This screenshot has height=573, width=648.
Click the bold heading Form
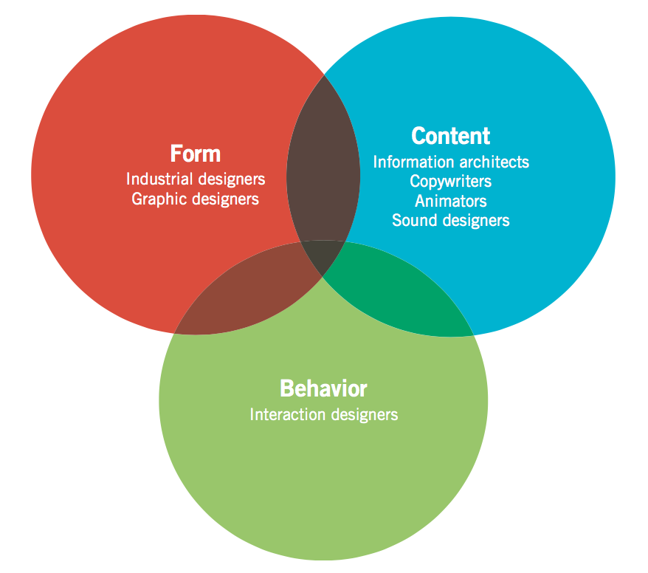click(x=195, y=154)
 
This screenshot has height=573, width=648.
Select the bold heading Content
click(x=450, y=136)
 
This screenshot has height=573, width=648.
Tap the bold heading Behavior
click(x=323, y=388)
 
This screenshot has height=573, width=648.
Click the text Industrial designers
click(x=196, y=179)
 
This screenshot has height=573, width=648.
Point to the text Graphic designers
click(x=196, y=199)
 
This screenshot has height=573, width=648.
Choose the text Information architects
click(x=451, y=161)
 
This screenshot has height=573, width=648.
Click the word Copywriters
click(x=451, y=181)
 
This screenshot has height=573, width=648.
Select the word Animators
click(x=451, y=200)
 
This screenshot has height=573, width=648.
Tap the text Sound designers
click(x=451, y=220)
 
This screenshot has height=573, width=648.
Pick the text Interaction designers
click(x=324, y=414)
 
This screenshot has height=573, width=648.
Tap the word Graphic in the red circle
click(x=158, y=199)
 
